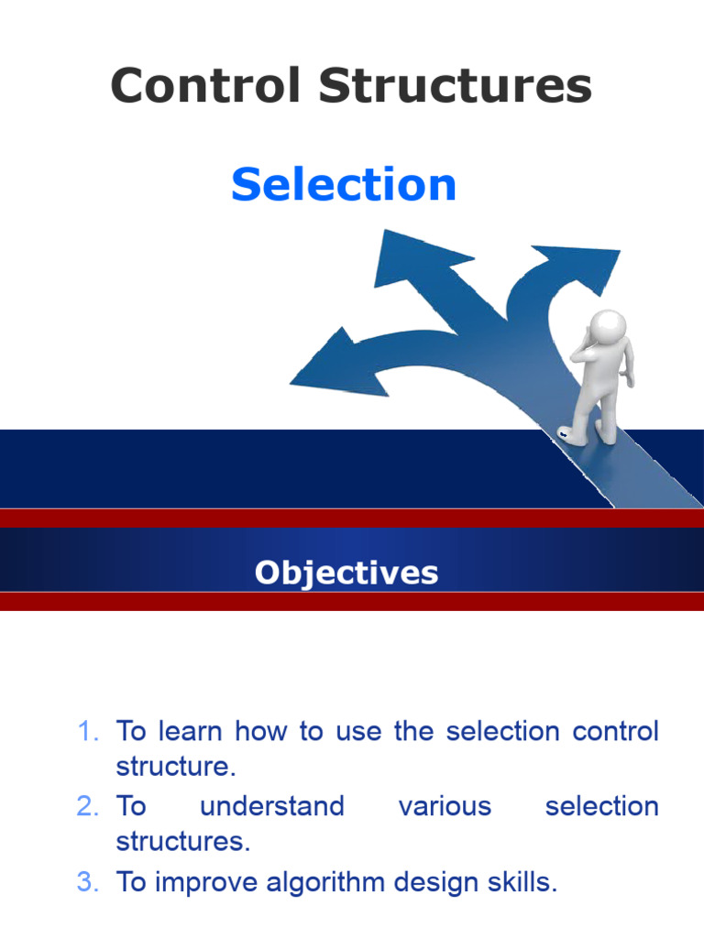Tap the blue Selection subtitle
(344, 184)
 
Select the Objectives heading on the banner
(346, 573)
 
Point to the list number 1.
(88, 732)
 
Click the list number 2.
(88, 806)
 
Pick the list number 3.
(88, 882)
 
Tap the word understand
(272, 806)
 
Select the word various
(445, 806)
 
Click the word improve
(208, 882)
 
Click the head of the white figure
(606, 328)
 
